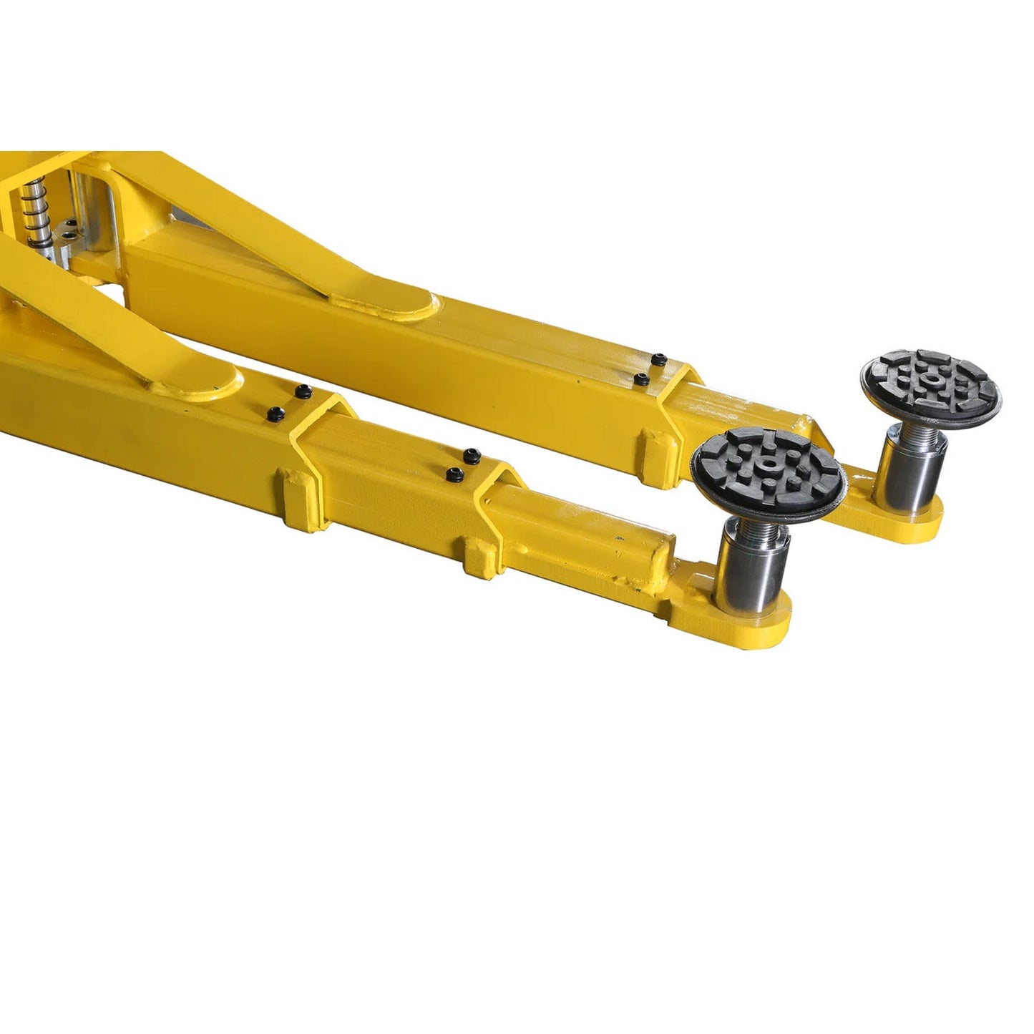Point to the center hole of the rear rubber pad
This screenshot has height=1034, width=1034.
[931, 379]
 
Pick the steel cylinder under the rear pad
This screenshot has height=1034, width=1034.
[913, 472]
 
